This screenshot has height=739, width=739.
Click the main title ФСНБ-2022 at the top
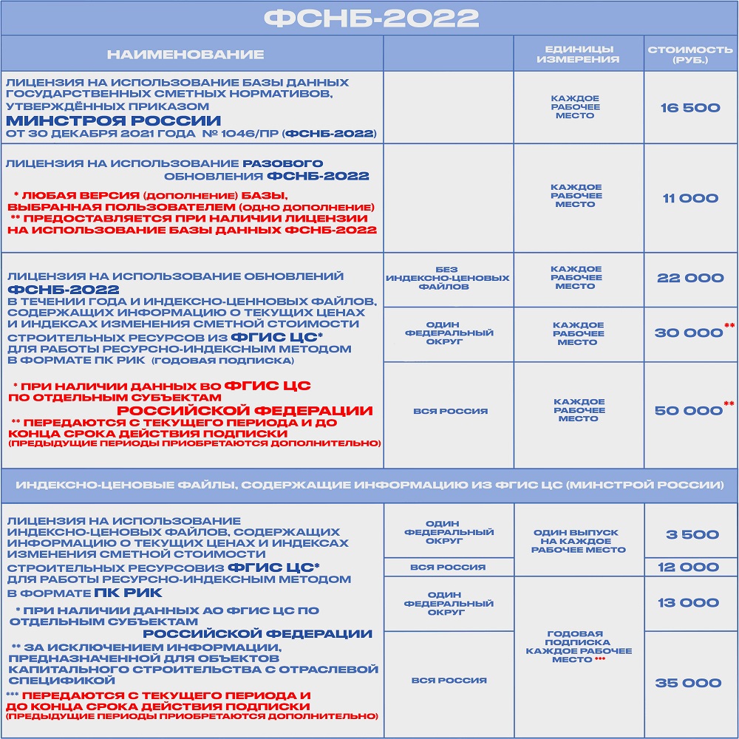(x=369, y=18)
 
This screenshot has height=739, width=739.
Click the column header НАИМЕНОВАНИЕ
(x=185, y=54)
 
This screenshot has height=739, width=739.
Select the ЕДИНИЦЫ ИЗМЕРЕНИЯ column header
(x=579, y=54)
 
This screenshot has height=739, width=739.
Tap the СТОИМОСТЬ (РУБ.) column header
(x=690, y=54)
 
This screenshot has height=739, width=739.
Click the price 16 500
(x=690, y=108)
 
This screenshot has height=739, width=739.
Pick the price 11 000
(x=690, y=198)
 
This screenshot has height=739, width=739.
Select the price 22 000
(x=690, y=278)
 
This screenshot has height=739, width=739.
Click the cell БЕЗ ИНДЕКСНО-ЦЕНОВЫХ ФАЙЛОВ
(x=449, y=278)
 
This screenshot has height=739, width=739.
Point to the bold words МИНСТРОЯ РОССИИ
(x=114, y=120)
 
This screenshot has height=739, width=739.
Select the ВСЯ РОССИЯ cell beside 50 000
(x=449, y=411)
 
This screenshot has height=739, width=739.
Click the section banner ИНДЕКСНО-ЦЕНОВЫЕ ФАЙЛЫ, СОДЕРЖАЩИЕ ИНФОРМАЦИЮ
(x=369, y=486)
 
